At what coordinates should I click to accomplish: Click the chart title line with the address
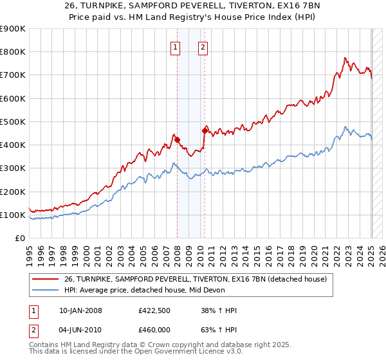192,4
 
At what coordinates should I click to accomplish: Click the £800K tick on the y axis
12,52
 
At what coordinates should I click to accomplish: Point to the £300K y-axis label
12,168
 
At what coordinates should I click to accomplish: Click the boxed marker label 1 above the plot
176,46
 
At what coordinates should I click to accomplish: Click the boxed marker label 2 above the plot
203,46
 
